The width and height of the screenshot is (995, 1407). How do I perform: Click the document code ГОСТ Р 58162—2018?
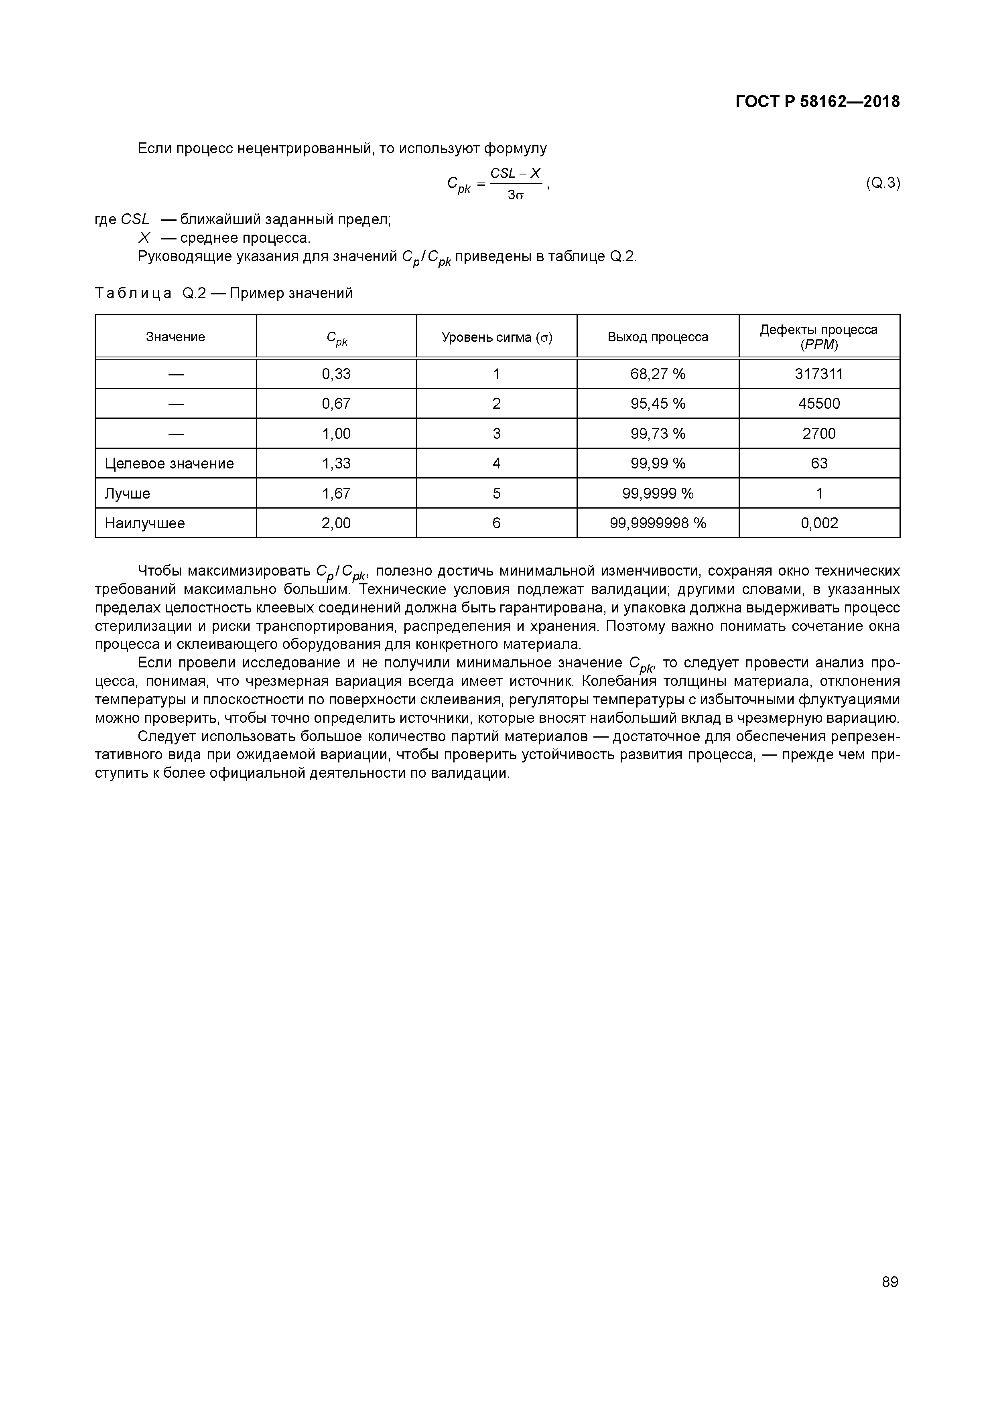817,102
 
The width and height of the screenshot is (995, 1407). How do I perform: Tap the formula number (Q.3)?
882,183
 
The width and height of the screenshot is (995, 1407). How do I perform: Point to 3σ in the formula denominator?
515,196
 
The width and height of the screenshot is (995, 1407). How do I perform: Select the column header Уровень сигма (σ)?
497,337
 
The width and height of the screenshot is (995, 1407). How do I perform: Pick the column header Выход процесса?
658,337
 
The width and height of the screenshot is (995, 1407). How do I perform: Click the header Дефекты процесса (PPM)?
818,337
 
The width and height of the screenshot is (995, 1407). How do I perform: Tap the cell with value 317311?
818,374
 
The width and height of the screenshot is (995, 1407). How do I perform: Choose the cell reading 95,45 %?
658,404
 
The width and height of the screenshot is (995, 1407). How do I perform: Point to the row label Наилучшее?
145,523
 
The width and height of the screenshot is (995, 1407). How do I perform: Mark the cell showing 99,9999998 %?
658,523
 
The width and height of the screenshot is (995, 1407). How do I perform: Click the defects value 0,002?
819,523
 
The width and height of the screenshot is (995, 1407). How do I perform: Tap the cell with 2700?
819,434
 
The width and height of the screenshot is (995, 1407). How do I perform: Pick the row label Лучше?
128,493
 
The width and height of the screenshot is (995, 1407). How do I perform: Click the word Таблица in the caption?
133,294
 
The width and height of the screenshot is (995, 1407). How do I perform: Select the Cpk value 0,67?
336,404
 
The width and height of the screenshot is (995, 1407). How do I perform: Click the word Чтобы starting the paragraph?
159,571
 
